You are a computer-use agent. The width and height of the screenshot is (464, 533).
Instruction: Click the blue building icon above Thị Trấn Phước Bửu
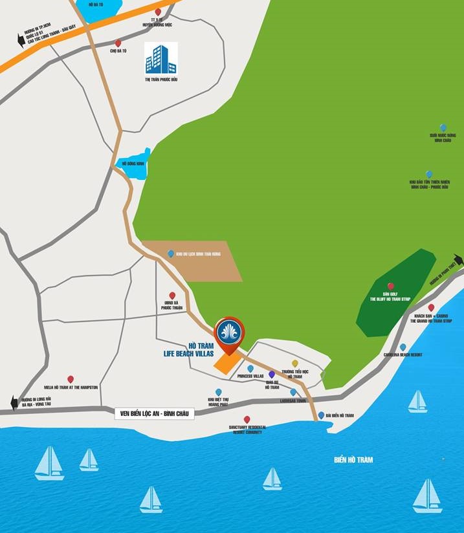pyautogui.click(x=160, y=58)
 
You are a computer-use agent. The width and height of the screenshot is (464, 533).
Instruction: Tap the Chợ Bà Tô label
pyautogui.click(x=118, y=50)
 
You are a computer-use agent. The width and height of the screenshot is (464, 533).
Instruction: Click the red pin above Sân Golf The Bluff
pyautogui.click(x=390, y=286)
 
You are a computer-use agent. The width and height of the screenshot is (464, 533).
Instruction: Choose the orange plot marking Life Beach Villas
pyautogui.click(x=226, y=363)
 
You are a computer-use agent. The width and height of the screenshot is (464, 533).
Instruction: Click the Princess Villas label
pyautogui.click(x=250, y=376)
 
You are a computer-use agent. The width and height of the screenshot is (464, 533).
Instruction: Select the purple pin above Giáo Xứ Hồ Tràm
pyautogui.click(x=272, y=374)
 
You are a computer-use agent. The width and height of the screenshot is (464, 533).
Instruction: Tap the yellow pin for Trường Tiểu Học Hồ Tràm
pyautogui.click(x=295, y=364)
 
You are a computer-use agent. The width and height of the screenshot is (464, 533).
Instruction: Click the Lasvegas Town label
pyautogui.click(x=293, y=401)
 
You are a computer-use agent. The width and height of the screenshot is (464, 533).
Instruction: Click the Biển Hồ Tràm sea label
pyautogui.click(x=353, y=460)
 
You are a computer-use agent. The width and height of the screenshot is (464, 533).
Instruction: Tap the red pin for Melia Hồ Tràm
pyautogui.click(x=71, y=379)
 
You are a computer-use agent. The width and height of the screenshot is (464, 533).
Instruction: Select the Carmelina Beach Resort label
pyautogui.click(x=403, y=355)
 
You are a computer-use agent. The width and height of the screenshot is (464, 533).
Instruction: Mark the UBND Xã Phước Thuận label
pyautogui.click(x=172, y=306)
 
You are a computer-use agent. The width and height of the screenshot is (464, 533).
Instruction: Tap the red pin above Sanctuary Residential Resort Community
pyautogui.click(x=247, y=419)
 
